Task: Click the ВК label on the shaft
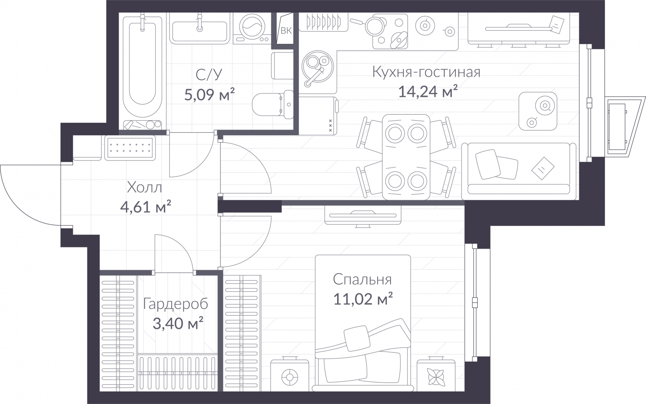286,31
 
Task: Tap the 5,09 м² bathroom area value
210,94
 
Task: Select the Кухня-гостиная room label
426,72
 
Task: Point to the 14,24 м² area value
428,92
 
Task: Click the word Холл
145,188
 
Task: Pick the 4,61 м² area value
146,207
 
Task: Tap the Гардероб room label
175,304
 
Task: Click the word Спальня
362,279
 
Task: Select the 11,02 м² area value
363,299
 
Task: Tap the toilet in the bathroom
273,104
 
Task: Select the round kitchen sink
317,68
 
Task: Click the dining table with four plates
406,157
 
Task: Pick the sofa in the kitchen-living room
519,171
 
